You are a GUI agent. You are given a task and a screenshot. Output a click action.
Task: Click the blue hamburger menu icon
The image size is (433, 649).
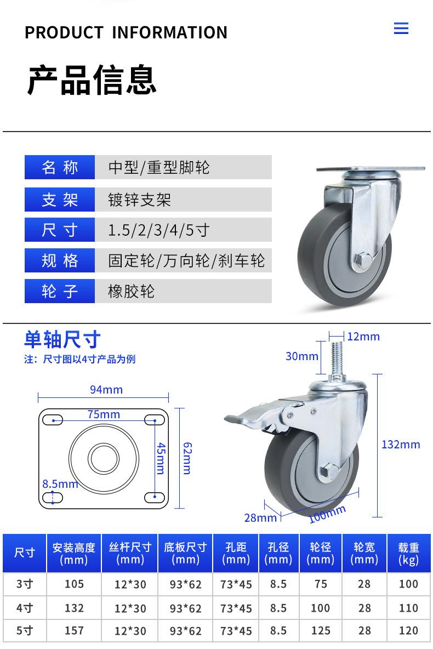pyautogui.click(x=401, y=29)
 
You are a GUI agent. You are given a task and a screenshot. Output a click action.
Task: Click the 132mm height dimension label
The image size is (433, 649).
pyautogui.click(x=401, y=445)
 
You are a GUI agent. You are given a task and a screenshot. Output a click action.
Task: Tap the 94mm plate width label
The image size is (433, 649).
pyautogui.click(x=106, y=390)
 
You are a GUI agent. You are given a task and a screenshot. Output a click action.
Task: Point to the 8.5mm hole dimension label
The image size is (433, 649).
pyautogui.click(x=60, y=484)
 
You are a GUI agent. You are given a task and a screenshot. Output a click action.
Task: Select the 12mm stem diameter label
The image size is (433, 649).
pyautogui.click(x=363, y=337)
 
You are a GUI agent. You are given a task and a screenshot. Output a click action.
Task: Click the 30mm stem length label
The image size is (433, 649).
pyautogui.click(x=302, y=356)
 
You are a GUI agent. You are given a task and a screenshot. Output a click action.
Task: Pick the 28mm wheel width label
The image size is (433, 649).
pyautogui.click(x=260, y=517)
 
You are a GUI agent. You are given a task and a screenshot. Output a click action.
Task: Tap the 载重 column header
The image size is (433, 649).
pyautogui.click(x=408, y=553)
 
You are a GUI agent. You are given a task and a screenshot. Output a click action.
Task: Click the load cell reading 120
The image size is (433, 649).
pyautogui.click(x=408, y=631)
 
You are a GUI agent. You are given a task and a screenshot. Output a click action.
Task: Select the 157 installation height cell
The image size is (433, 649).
pyautogui.click(x=74, y=631)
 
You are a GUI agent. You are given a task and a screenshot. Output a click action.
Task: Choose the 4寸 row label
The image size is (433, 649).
pyautogui.click(x=25, y=608)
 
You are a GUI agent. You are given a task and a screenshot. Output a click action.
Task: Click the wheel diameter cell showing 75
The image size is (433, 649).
pyautogui.click(x=321, y=584)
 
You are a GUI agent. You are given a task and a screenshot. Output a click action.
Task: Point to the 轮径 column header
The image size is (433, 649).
pyautogui.click(x=321, y=553)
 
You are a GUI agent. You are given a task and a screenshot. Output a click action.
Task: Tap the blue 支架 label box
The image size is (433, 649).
pyautogui.click(x=60, y=200)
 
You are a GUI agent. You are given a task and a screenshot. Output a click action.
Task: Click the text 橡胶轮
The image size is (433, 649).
pyautogui.click(x=132, y=291)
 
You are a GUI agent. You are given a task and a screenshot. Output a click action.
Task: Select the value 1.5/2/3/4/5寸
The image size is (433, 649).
pyautogui.click(x=159, y=230)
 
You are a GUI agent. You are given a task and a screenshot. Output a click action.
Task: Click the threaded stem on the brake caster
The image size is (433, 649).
pyautogui.click(x=336, y=362)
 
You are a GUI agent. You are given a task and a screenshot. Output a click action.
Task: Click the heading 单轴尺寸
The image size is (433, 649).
pyautogui.click(x=62, y=339)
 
